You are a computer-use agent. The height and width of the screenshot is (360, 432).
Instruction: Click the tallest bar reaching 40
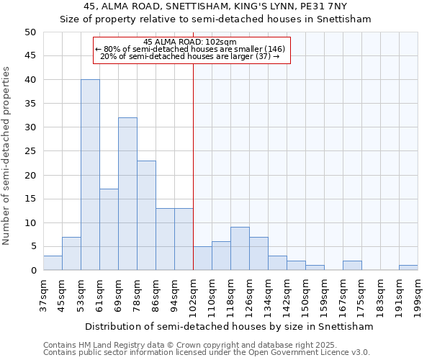click(x=90, y=175)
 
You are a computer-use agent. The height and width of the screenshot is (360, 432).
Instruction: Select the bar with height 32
click(x=127, y=194)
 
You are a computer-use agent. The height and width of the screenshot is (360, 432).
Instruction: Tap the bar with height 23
click(x=146, y=215)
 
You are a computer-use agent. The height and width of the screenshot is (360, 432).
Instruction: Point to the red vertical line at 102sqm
click(x=194, y=166)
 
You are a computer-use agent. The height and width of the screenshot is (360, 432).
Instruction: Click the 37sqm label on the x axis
click(x=43, y=294)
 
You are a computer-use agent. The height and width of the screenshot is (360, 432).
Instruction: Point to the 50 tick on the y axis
click(x=30, y=32)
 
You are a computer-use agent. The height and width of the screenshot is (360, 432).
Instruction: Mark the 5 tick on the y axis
click(x=32, y=247)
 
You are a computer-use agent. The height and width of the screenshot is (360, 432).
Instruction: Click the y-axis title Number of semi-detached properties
click(x=7, y=155)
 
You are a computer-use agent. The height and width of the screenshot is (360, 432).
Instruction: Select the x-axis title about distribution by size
click(x=229, y=326)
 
